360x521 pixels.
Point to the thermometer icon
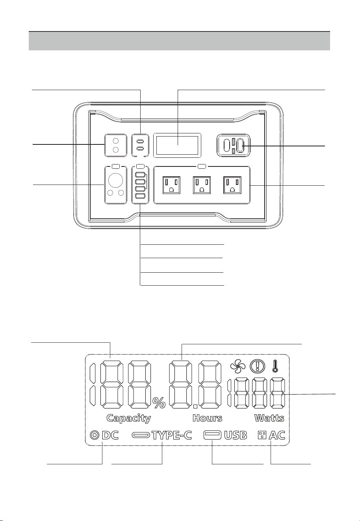(275, 366)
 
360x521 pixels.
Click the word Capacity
(129, 418)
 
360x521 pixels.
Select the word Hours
(207, 418)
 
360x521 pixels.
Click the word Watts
(269, 418)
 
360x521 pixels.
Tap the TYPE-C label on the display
(172, 435)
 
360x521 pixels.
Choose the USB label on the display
(236, 435)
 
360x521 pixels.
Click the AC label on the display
(277, 435)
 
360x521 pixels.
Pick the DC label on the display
(110, 435)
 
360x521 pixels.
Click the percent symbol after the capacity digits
(159, 403)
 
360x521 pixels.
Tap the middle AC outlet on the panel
(202, 185)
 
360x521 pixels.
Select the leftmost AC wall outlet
(171, 185)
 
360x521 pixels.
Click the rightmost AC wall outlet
(232, 185)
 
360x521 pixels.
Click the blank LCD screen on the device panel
(177, 145)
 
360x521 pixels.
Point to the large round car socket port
(116, 180)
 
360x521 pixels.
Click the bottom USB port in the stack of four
(140, 196)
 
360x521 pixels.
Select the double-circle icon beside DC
(95, 435)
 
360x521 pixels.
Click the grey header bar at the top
(179, 41)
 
